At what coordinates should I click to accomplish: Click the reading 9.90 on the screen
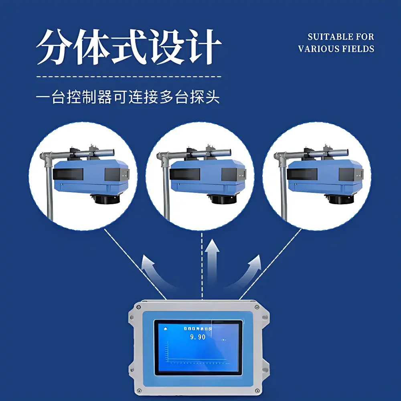[197, 337]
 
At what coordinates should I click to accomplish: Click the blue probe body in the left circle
[92, 176]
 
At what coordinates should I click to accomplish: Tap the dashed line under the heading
[128, 76]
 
